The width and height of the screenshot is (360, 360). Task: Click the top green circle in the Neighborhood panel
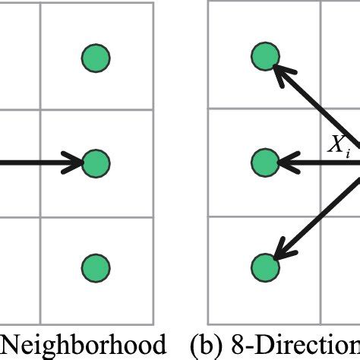(x=96, y=56)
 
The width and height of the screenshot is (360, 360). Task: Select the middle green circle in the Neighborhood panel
(x=96, y=162)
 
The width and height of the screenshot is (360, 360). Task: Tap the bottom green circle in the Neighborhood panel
(x=96, y=267)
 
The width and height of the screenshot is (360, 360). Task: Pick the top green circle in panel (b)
(x=266, y=56)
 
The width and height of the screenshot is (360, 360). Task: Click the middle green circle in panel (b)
(x=266, y=162)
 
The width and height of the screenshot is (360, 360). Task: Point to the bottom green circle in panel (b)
(x=266, y=267)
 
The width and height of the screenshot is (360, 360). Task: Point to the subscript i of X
(x=348, y=152)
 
